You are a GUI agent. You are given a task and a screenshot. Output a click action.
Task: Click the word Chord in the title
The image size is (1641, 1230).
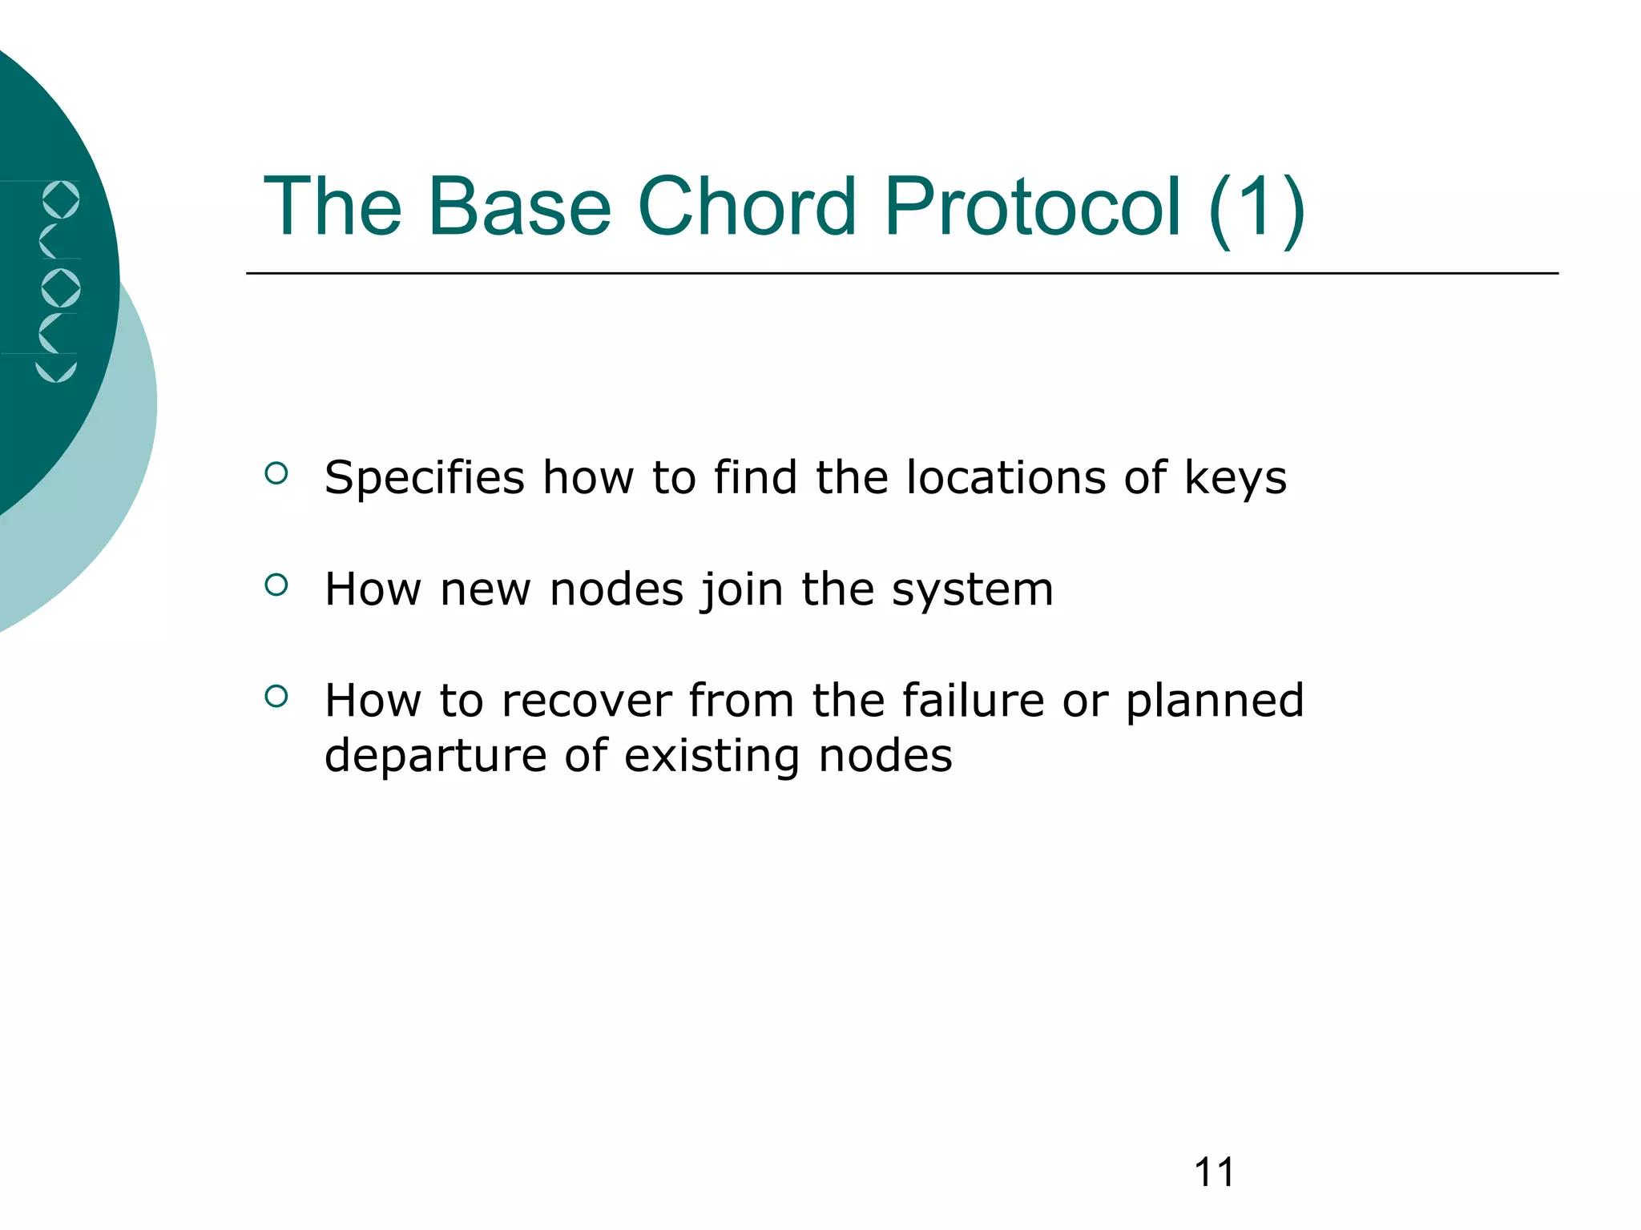pos(746,207)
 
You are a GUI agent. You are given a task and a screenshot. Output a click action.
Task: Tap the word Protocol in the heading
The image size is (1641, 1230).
pos(1032,207)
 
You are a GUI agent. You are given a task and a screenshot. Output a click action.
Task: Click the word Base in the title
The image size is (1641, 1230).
pos(518,207)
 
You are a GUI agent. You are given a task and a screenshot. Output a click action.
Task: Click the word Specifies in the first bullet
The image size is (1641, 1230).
pos(424,478)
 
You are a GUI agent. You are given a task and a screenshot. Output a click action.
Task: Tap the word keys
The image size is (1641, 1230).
pos(1235,478)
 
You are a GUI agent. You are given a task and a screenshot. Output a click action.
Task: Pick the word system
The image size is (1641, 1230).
pos(972,590)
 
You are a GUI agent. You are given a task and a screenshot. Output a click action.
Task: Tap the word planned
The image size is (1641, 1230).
pos(1215,701)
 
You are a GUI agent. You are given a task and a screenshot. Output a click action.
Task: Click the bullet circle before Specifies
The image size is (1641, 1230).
pos(276,473)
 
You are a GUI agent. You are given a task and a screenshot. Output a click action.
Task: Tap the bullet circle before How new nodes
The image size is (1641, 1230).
pos(276,585)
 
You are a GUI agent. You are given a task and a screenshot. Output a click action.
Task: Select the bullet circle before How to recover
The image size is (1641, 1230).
pos(276,696)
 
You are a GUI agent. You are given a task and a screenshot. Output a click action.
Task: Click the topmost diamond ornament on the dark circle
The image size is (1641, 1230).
pos(61,199)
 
